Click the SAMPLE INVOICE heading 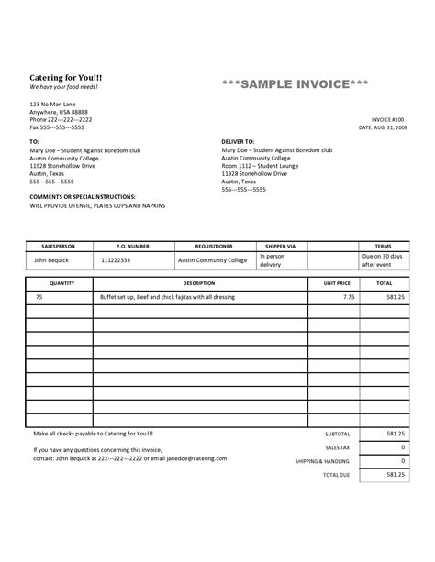click(296, 85)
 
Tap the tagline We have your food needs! click(63, 87)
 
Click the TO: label click(35, 142)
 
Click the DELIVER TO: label click(237, 142)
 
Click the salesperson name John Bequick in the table click(52, 260)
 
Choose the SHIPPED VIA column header click(280, 247)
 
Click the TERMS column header click(382, 247)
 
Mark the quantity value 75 click(39, 298)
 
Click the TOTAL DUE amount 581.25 click(396, 475)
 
